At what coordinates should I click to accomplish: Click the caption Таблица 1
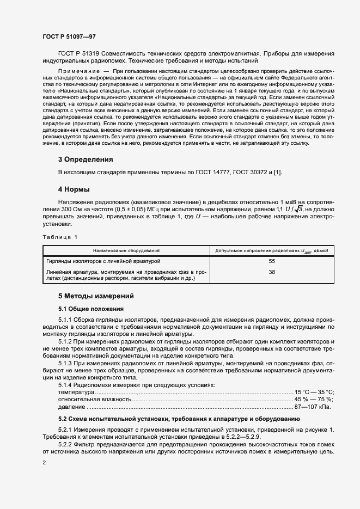(60, 237)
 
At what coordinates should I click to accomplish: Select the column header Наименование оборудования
(126, 250)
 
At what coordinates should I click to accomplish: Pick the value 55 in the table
(272, 261)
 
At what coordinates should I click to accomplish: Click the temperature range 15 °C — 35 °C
(314, 392)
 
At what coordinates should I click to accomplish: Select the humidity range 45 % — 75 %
(314, 399)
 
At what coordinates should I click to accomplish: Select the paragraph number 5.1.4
(67, 385)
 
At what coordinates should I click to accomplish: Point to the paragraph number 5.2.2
(67, 444)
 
